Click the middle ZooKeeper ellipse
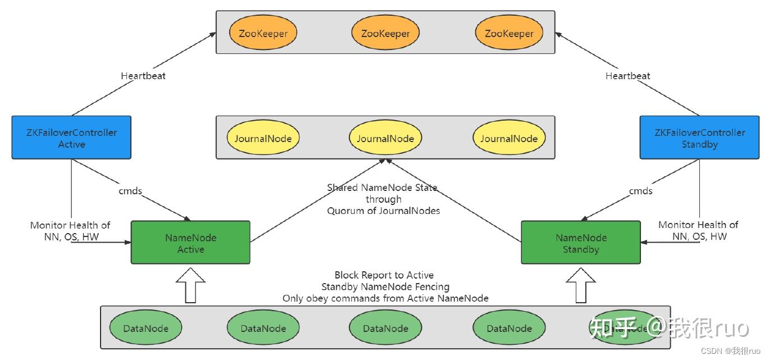385,34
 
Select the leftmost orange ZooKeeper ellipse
263,34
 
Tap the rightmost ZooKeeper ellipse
509,34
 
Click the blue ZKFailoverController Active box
71,138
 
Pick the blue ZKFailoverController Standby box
699,138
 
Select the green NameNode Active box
190,243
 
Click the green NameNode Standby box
581,243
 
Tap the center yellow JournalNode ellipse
385,138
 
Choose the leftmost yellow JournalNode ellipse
263,138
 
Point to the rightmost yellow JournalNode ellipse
509,138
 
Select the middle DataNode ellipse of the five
385,329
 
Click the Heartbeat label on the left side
143,76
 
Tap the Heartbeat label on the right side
627,76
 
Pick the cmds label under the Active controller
130,191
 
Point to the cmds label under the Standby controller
640,191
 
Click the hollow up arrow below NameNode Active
190,285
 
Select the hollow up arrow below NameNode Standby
581,285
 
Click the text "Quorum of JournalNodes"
384,211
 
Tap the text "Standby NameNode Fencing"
385,287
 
